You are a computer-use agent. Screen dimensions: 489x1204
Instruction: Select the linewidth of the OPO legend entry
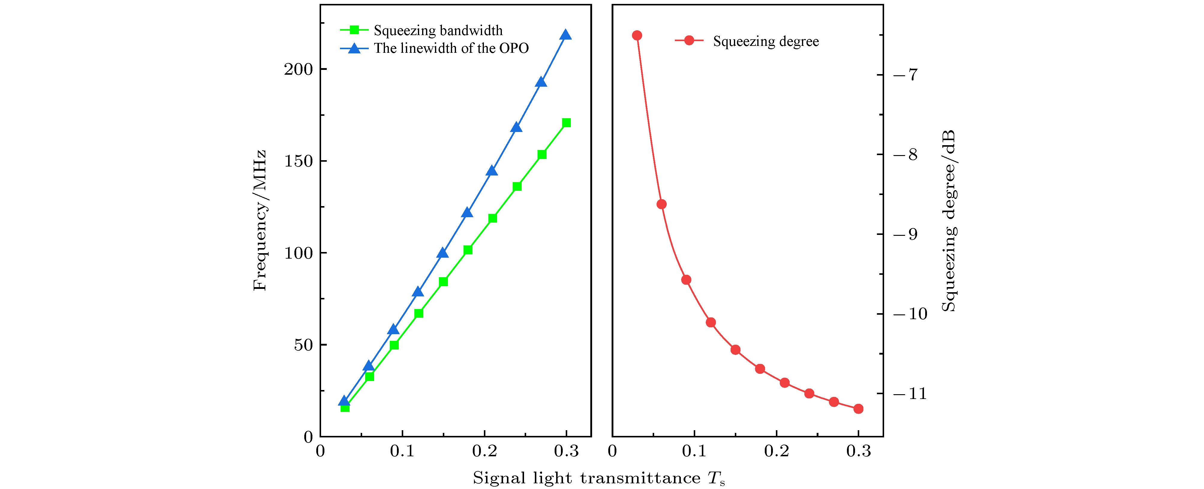tap(451, 48)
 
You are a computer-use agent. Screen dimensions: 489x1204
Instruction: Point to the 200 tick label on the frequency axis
tap(298, 69)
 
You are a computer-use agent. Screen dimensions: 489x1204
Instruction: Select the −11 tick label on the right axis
tap(910, 394)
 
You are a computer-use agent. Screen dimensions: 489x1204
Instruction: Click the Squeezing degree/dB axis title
tap(949, 221)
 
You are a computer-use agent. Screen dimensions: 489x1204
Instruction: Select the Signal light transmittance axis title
tap(598, 478)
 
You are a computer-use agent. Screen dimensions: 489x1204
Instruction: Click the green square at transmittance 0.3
tap(567, 123)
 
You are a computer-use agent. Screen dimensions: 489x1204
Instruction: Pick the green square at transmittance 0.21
tap(493, 218)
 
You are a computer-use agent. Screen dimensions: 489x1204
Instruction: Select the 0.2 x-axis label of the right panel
tap(776, 451)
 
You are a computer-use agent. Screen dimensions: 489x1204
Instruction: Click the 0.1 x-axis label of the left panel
tap(402, 451)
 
